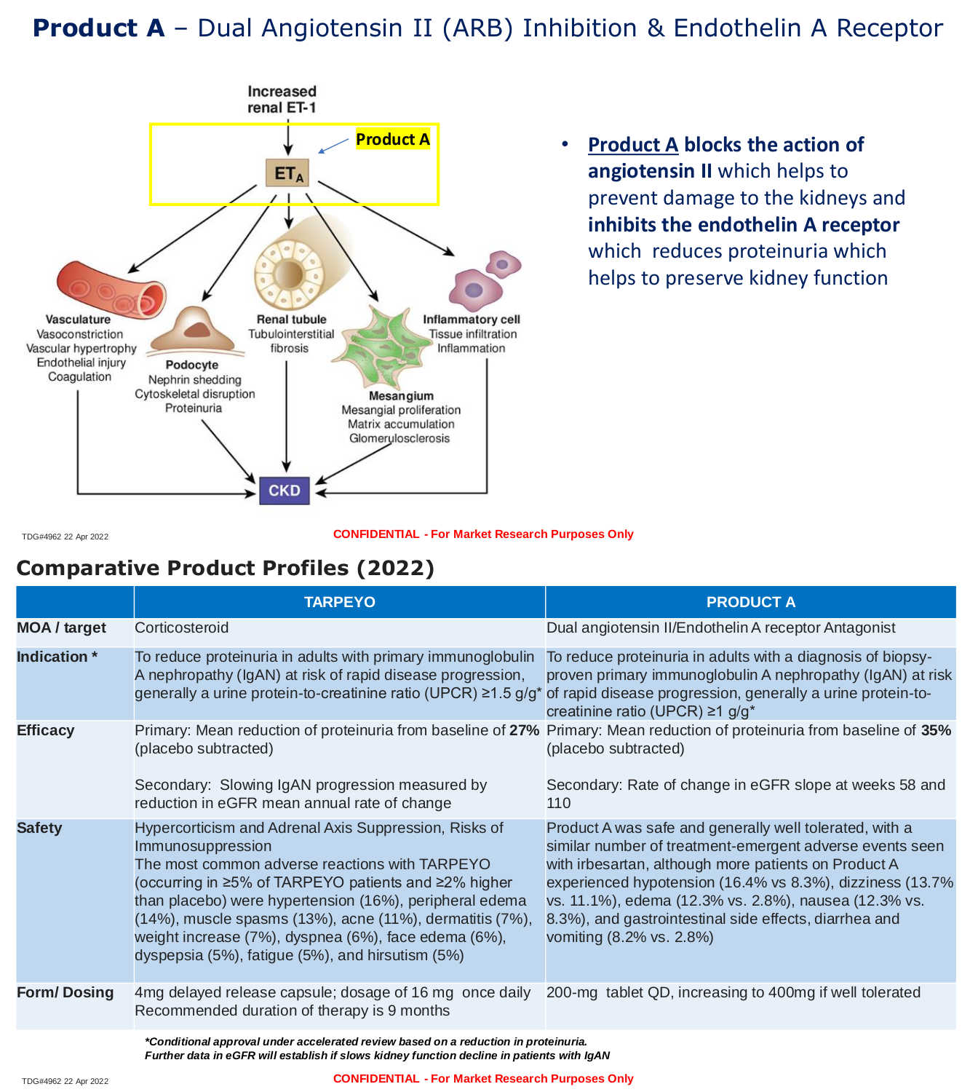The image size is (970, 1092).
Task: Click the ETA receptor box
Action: pos(287,173)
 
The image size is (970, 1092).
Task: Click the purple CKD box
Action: pos(284,491)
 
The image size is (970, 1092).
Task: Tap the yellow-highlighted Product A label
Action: pos(393,139)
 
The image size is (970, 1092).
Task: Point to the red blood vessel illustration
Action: pos(111,290)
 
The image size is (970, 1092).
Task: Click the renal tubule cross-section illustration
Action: pos(302,264)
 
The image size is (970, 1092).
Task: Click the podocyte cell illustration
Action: pos(194,331)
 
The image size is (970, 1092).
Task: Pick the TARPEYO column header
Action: pos(340,602)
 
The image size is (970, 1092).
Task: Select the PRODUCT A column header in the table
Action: pos(751,602)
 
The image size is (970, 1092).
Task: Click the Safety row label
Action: pos(39,828)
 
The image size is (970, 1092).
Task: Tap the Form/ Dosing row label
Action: pos(65,992)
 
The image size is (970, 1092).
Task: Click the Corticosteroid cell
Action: pos(182,628)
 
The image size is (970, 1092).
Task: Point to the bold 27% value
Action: pos(525,730)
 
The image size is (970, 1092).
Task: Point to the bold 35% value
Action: pos(936,730)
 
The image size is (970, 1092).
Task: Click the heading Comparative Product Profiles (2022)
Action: pos(226,568)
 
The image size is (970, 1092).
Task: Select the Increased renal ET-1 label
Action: pos(282,99)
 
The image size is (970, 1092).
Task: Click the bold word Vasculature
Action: pos(78,319)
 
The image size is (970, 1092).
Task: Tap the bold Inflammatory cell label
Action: pos(472,319)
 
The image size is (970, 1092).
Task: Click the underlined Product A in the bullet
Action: pos(632,144)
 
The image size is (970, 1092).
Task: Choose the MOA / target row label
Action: pos(61,628)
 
